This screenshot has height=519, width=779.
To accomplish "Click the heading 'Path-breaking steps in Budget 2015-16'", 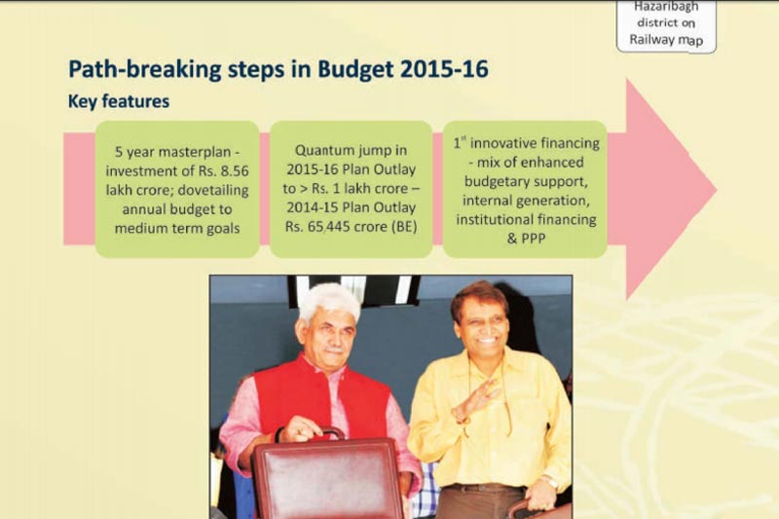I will pyautogui.click(x=278, y=69).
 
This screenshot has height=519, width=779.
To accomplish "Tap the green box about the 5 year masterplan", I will pyautogui.click(x=176, y=189).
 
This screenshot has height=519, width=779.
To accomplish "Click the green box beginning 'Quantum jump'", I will pyautogui.click(x=351, y=189).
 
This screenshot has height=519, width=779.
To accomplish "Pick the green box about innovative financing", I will pyautogui.click(x=526, y=189).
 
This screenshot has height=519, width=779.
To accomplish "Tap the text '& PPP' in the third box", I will pyautogui.click(x=526, y=237).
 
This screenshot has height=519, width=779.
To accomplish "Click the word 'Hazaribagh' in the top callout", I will pyautogui.click(x=666, y=7).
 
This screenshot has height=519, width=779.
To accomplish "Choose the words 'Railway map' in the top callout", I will pyautogui.click(x=666, y=40).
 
